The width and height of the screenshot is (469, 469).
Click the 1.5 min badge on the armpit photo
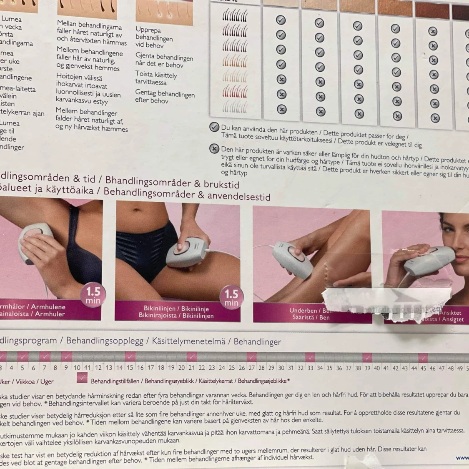point(93,295)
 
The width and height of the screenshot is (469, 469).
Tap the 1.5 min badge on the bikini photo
point(231,298)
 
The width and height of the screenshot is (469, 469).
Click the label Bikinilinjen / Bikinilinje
point(177,308)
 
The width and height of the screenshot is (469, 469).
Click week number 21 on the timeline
point(191,367)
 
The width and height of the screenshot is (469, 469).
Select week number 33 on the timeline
point(310,368)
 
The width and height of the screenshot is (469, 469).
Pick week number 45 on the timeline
point(423,368)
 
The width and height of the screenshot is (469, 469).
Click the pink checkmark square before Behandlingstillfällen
point(82,378)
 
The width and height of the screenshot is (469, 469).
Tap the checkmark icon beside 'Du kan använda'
point(214,127)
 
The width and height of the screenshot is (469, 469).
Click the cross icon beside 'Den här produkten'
point(214,148)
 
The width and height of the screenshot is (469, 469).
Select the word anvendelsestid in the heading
point(240,196)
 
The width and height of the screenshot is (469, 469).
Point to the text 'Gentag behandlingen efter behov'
point(164,97)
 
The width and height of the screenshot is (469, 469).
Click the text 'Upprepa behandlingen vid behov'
point(154,37)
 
